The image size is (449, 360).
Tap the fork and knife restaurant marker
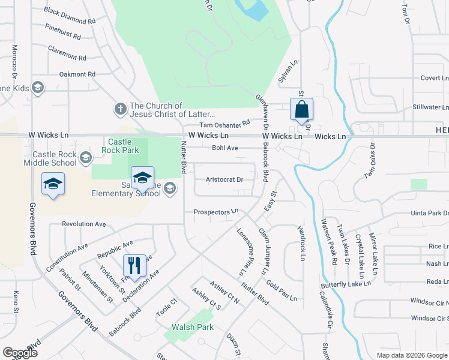[134, 265]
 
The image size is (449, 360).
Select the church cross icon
[120, 109]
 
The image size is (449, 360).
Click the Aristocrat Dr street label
[224, 179]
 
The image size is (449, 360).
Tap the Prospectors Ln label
[216, 212]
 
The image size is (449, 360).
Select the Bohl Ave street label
[225, 148]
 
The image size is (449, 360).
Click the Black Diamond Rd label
[70, 16]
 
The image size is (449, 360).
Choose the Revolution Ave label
[84, 224]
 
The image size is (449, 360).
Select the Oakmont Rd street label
[77, 74]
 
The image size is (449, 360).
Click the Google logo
[20, 353]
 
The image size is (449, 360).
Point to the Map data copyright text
[411, 355]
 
